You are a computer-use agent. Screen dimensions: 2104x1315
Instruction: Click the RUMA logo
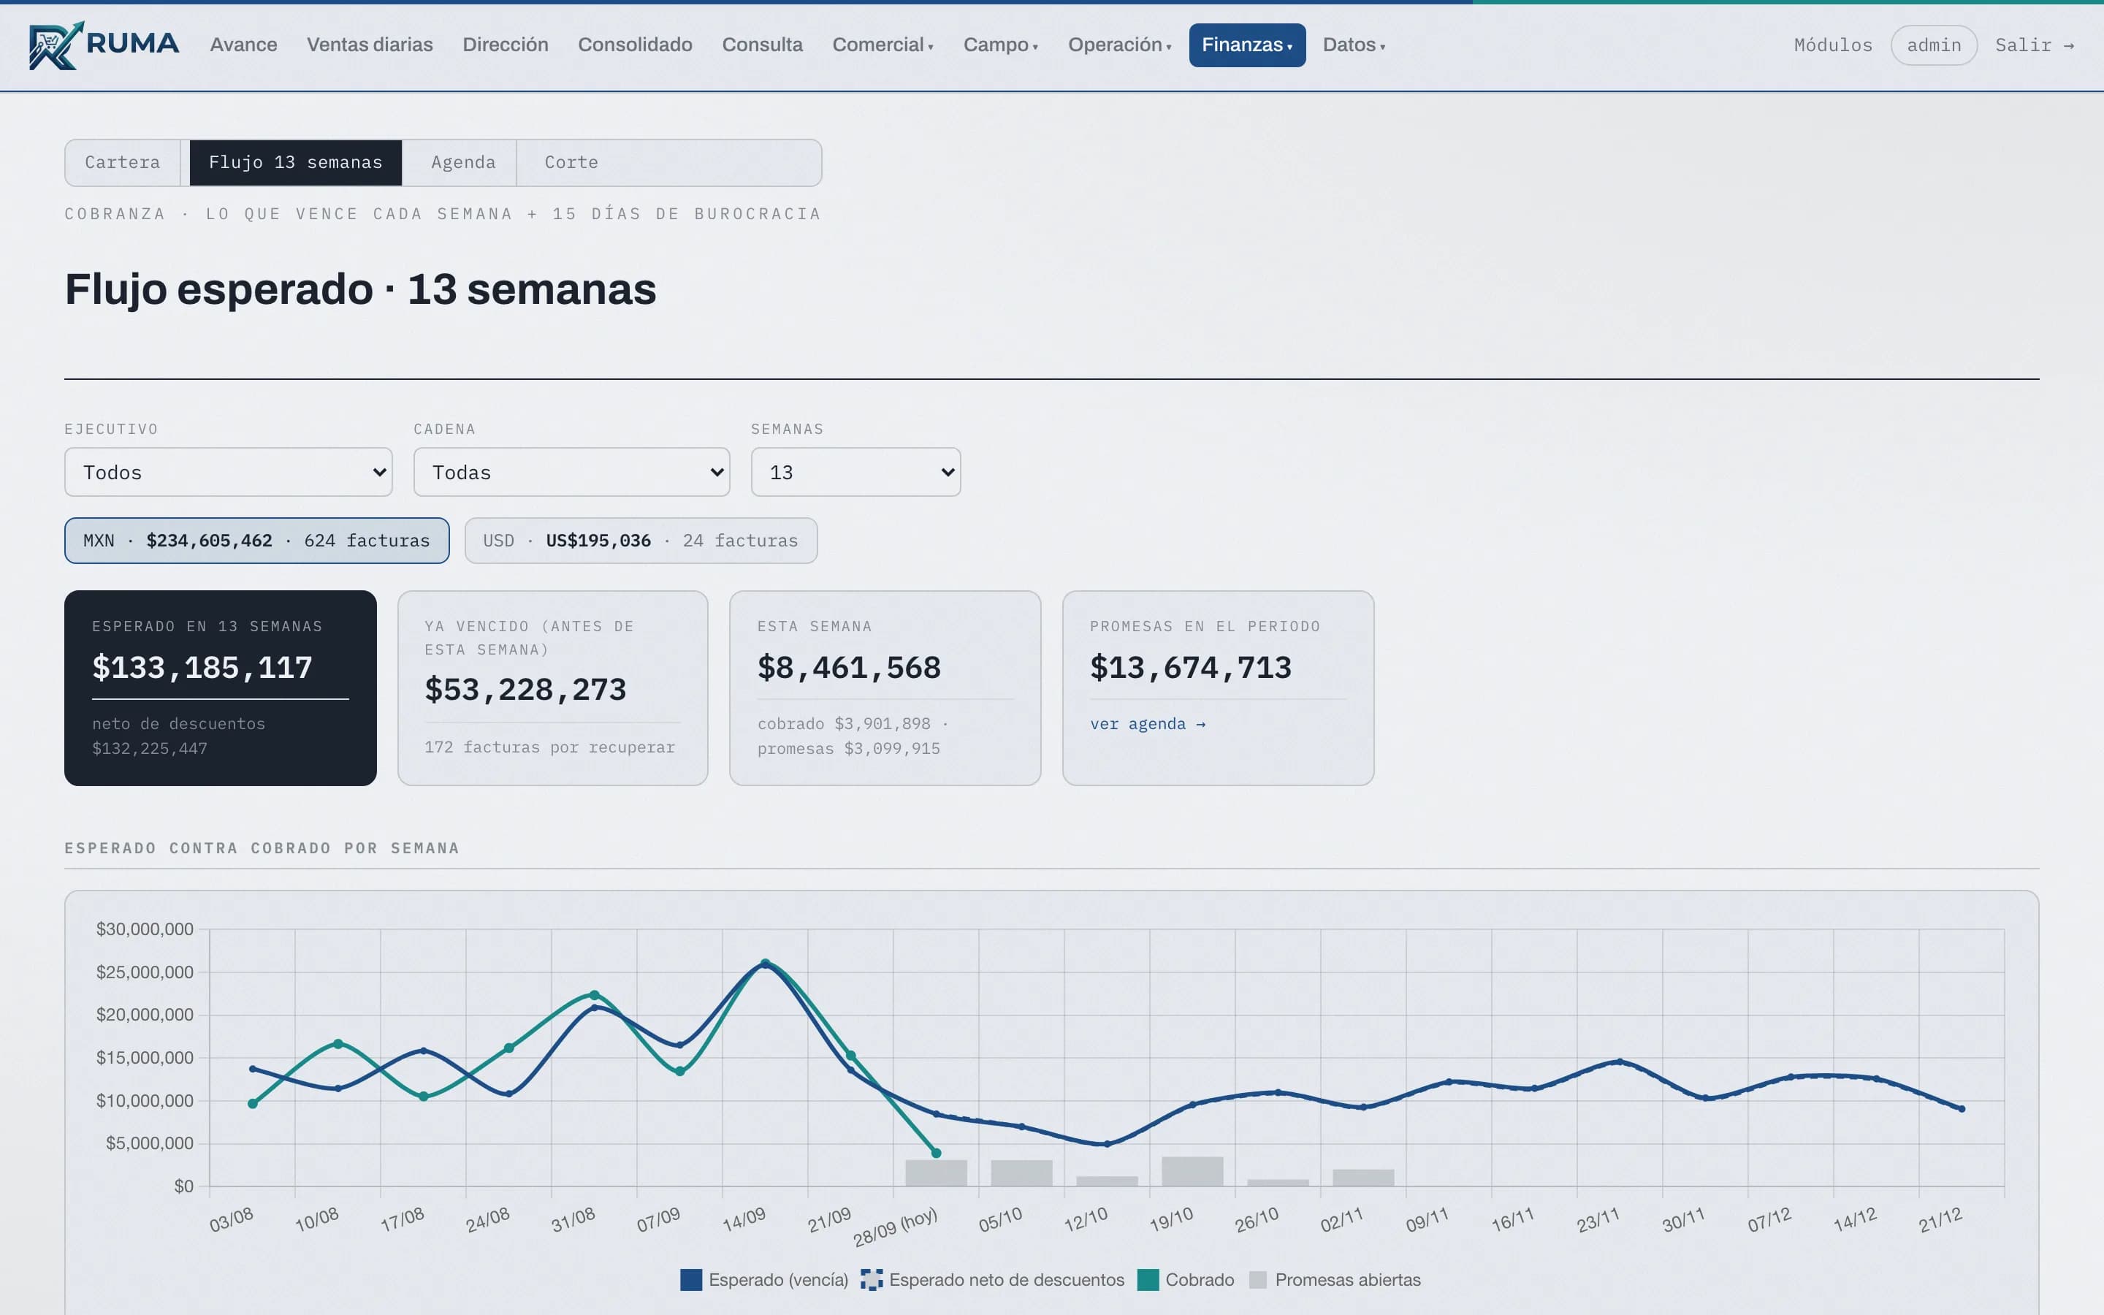tap(104, 45)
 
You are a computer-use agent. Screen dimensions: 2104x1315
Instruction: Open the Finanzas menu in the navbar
tap(1247, 45)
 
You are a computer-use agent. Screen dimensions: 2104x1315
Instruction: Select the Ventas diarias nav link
tap(370, 45)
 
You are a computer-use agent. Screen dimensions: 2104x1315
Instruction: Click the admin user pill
tap(1934, 45)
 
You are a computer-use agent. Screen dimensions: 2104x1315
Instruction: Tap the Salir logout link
tap(2035, 45)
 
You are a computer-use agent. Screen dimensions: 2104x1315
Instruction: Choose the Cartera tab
tap(123, 163)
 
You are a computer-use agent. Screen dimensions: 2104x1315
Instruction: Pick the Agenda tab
tap(463, 163)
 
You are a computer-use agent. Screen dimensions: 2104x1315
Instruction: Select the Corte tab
tap(571, 163)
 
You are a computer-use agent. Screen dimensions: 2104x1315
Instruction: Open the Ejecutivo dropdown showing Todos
tap(229, 472)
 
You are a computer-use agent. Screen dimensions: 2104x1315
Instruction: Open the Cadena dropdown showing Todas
tap(572, 472)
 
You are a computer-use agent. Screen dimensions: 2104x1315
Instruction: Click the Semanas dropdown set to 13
tap(856, 472)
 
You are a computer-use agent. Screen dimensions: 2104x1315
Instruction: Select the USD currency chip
tap(641, 541)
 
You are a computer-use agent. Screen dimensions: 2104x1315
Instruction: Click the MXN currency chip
tap(256, 541)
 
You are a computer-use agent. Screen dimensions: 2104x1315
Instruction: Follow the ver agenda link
tap(1148, 723)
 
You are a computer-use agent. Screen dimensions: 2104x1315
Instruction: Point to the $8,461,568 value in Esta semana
tap(850, 667)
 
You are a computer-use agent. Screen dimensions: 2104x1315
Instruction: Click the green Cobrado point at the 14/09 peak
tap(765, 963)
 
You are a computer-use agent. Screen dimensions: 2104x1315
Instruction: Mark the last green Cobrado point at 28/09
tap(937, 1154)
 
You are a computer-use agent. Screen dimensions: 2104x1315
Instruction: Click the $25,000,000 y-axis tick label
tap(145, 972)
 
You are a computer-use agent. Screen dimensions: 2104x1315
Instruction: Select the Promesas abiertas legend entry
tap(1335, 1280)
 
